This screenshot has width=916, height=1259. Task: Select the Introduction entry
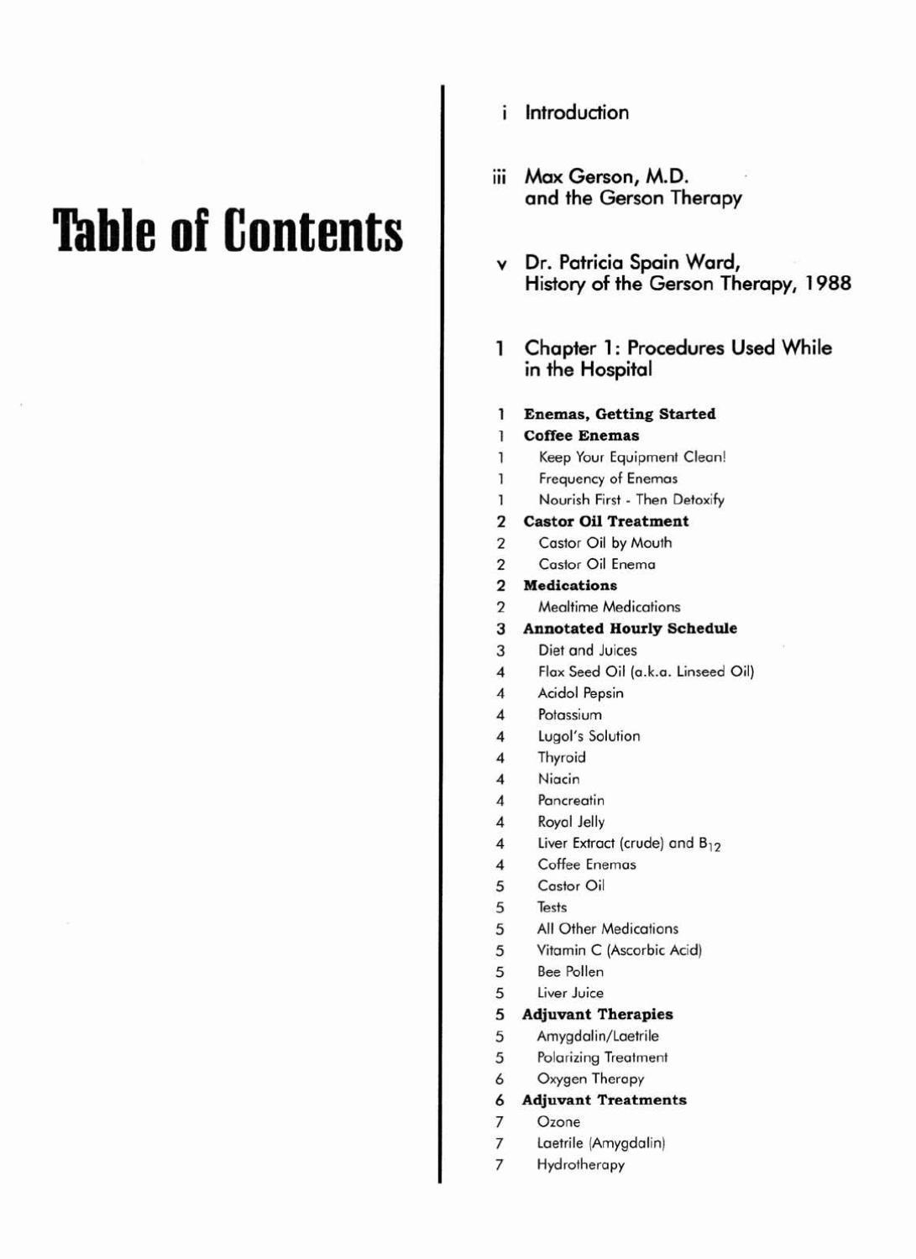pyautogui.click(x=576, y=112)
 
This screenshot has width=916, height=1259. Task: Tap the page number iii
pyautogui.click(x=500, y=177)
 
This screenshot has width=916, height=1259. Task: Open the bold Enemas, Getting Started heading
pyautogui.click(x=620, y=414)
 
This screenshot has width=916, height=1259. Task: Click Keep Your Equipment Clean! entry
pyautogui.click(x=632, y=457)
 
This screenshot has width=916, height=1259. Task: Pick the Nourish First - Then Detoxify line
pyautogui.click(x=631, y=500)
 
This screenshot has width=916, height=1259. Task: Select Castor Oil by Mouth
pyautogui.click(x=605, y=543)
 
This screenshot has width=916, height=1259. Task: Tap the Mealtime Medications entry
pyautogui.click(x=609, y=607)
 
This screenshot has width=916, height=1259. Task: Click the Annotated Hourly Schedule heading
pyautogui.click(x=630, y=629)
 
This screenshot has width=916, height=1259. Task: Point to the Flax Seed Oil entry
pyautogui.click(x=646, y=671)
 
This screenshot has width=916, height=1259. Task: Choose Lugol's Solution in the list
pyautogui.click(x=589, y=736)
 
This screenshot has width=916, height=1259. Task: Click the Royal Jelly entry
pyautogui.click(x=571, y=822)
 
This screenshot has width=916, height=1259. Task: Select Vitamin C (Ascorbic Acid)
pyautogui.click(x=619, y=950)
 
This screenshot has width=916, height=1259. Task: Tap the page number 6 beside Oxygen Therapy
pyautogui.click(x=500, y=1079)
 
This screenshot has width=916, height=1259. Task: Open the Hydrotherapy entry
pyautogui.click(x=580, y=1165)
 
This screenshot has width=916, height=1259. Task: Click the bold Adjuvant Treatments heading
pyautogui.click(x=604, y=1100)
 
